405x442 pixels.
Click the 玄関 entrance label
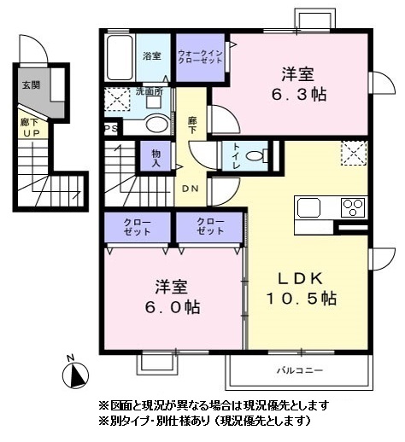31,84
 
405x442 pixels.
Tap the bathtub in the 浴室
120,58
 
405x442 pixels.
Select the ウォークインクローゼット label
200,57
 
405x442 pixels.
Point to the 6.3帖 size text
299,95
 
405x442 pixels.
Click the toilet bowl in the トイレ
255,156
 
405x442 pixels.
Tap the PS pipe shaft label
111,129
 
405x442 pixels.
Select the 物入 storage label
156,158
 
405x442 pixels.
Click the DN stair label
190,189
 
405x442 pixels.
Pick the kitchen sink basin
308,207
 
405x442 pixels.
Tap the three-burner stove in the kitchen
353,207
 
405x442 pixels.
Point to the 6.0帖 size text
173,307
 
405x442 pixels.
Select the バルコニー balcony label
300,370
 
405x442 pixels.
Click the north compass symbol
75,375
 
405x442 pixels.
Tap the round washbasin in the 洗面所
157,124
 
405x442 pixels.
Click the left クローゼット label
138,227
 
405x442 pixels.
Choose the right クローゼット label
210,226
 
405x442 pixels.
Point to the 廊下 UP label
31,128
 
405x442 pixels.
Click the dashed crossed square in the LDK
354,153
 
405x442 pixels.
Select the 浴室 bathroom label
152,55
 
